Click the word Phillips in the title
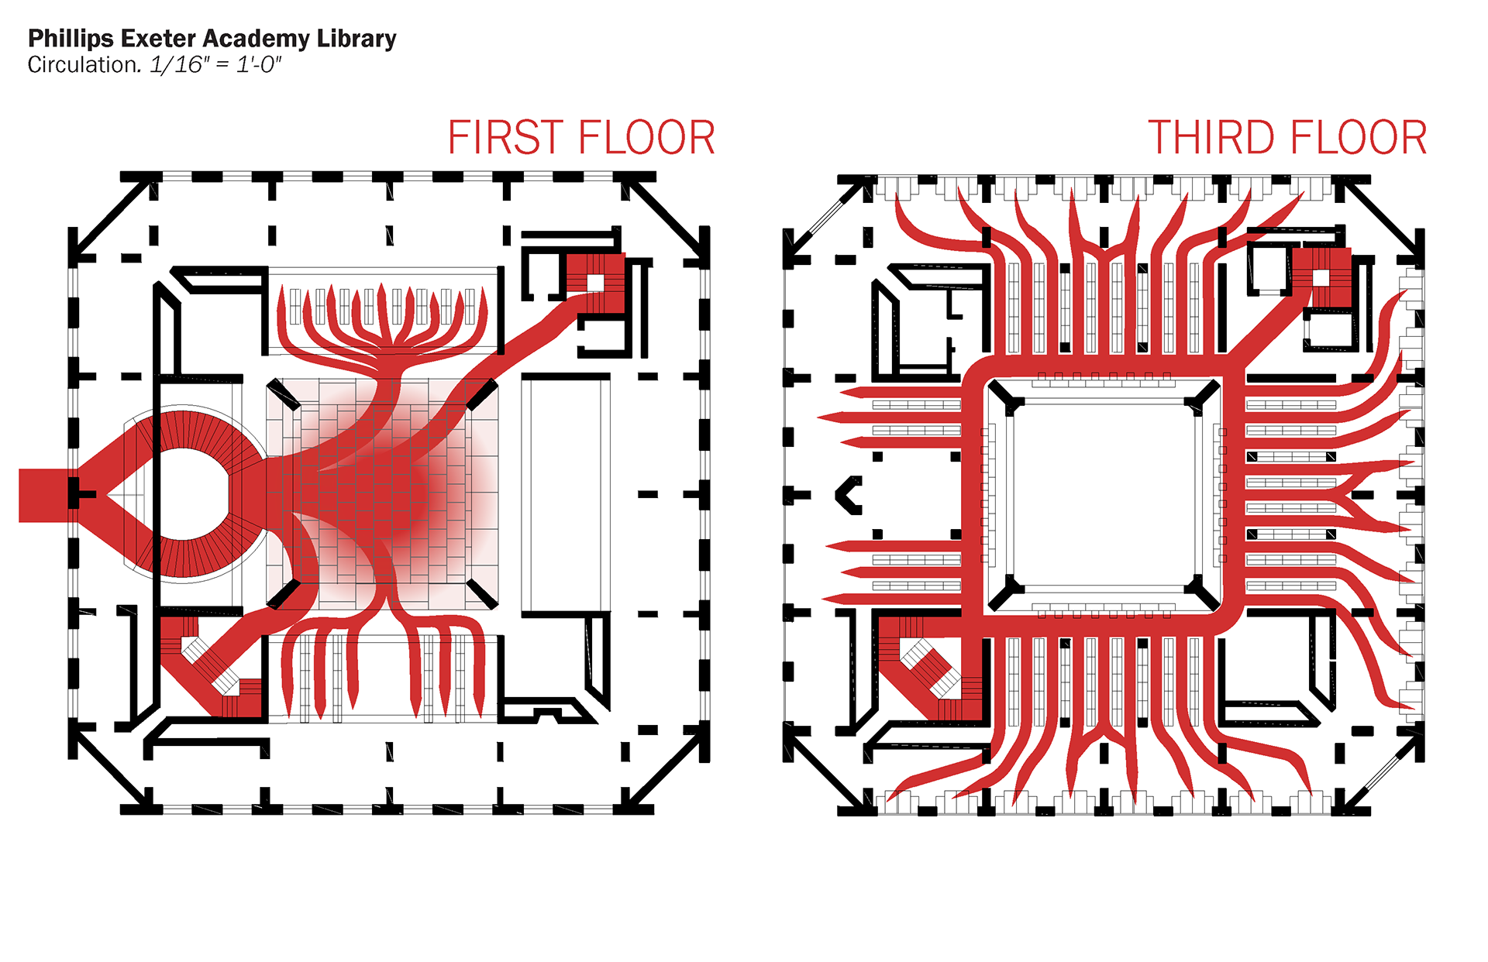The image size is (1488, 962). tap(71, 39)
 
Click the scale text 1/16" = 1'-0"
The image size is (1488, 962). tap(215, 65)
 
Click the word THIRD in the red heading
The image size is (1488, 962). tap(1212, 138)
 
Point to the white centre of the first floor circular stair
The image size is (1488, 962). tap(186, 494)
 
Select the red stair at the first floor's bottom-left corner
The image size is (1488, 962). tap(205, 666)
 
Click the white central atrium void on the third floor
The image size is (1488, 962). tap(1103, 495)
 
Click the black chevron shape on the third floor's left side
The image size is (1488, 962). tap(849, 495)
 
